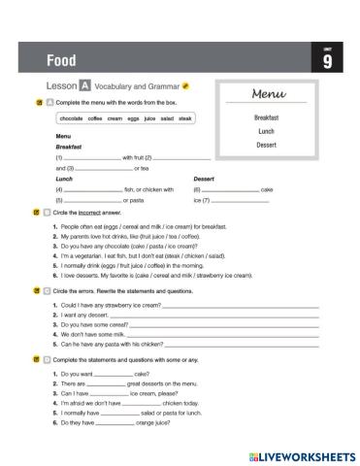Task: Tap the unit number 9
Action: tap(327, 64)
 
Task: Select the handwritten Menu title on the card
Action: tap(267, 96)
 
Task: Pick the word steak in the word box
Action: tap(186, 117)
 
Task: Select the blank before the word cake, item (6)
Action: tap(230, 189)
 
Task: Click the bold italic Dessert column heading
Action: tap(205, 179)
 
